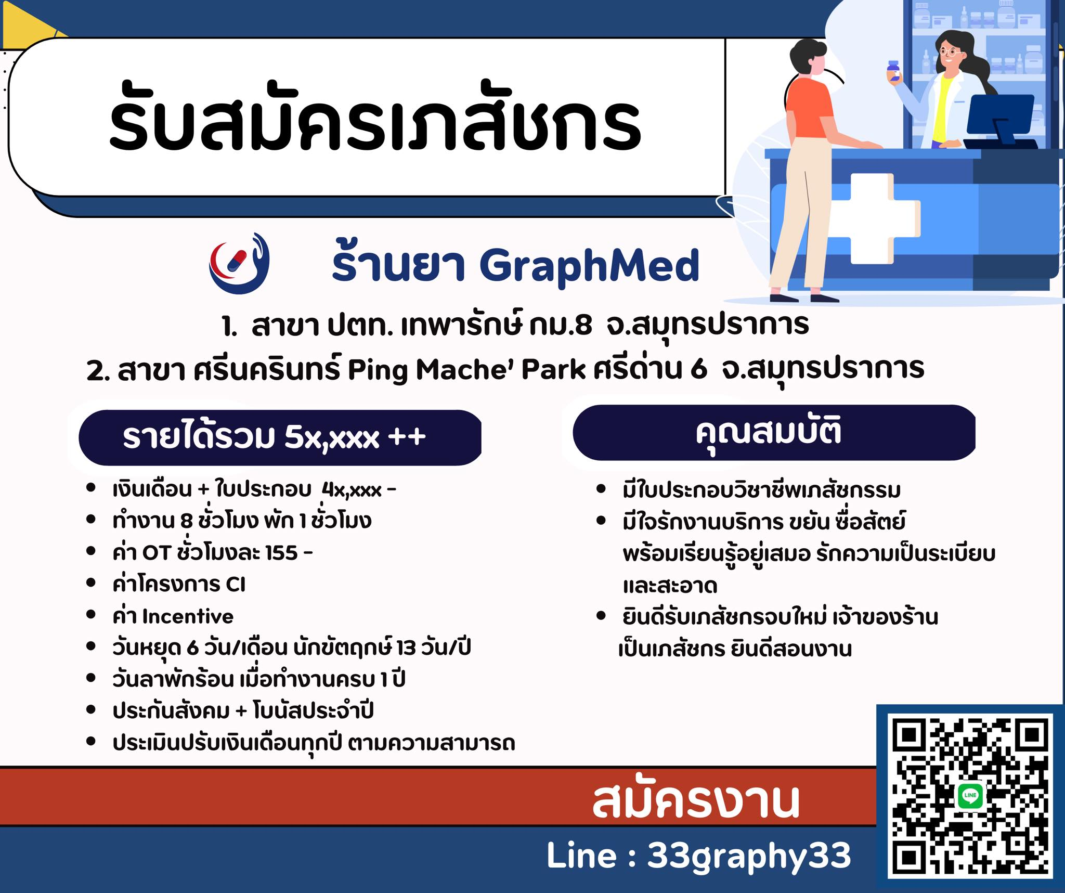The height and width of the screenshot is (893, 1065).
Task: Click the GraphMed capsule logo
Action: click(x=239, y=263)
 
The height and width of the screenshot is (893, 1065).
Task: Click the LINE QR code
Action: click(x=970, y=796)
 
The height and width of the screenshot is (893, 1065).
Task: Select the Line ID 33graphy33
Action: click(x=749, y=856)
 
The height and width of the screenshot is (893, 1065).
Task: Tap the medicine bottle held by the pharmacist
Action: click(x=893, y=71)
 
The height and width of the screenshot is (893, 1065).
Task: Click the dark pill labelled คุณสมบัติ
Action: click(x=774, y=433)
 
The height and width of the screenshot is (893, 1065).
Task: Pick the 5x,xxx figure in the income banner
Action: click(x=332, y=437)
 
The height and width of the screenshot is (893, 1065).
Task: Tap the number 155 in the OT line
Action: click(x=281, y=553)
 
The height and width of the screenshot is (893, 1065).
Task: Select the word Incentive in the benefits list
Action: click(x=188, y=616)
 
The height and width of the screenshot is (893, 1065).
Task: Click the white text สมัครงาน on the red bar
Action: click(x=695, y=800)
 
